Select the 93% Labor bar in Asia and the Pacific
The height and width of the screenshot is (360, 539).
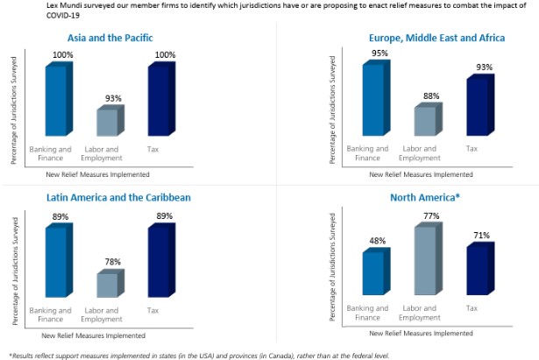click(x=108, y=123)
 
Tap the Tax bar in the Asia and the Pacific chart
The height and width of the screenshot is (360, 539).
click(x=160, y=101)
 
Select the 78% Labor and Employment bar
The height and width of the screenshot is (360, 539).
click(x=108, y=285)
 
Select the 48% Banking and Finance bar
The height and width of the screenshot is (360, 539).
click(x=374, y=273)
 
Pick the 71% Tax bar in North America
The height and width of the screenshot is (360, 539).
click(x=478, y=271)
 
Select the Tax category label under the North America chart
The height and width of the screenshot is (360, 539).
click(x=472, y=308)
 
